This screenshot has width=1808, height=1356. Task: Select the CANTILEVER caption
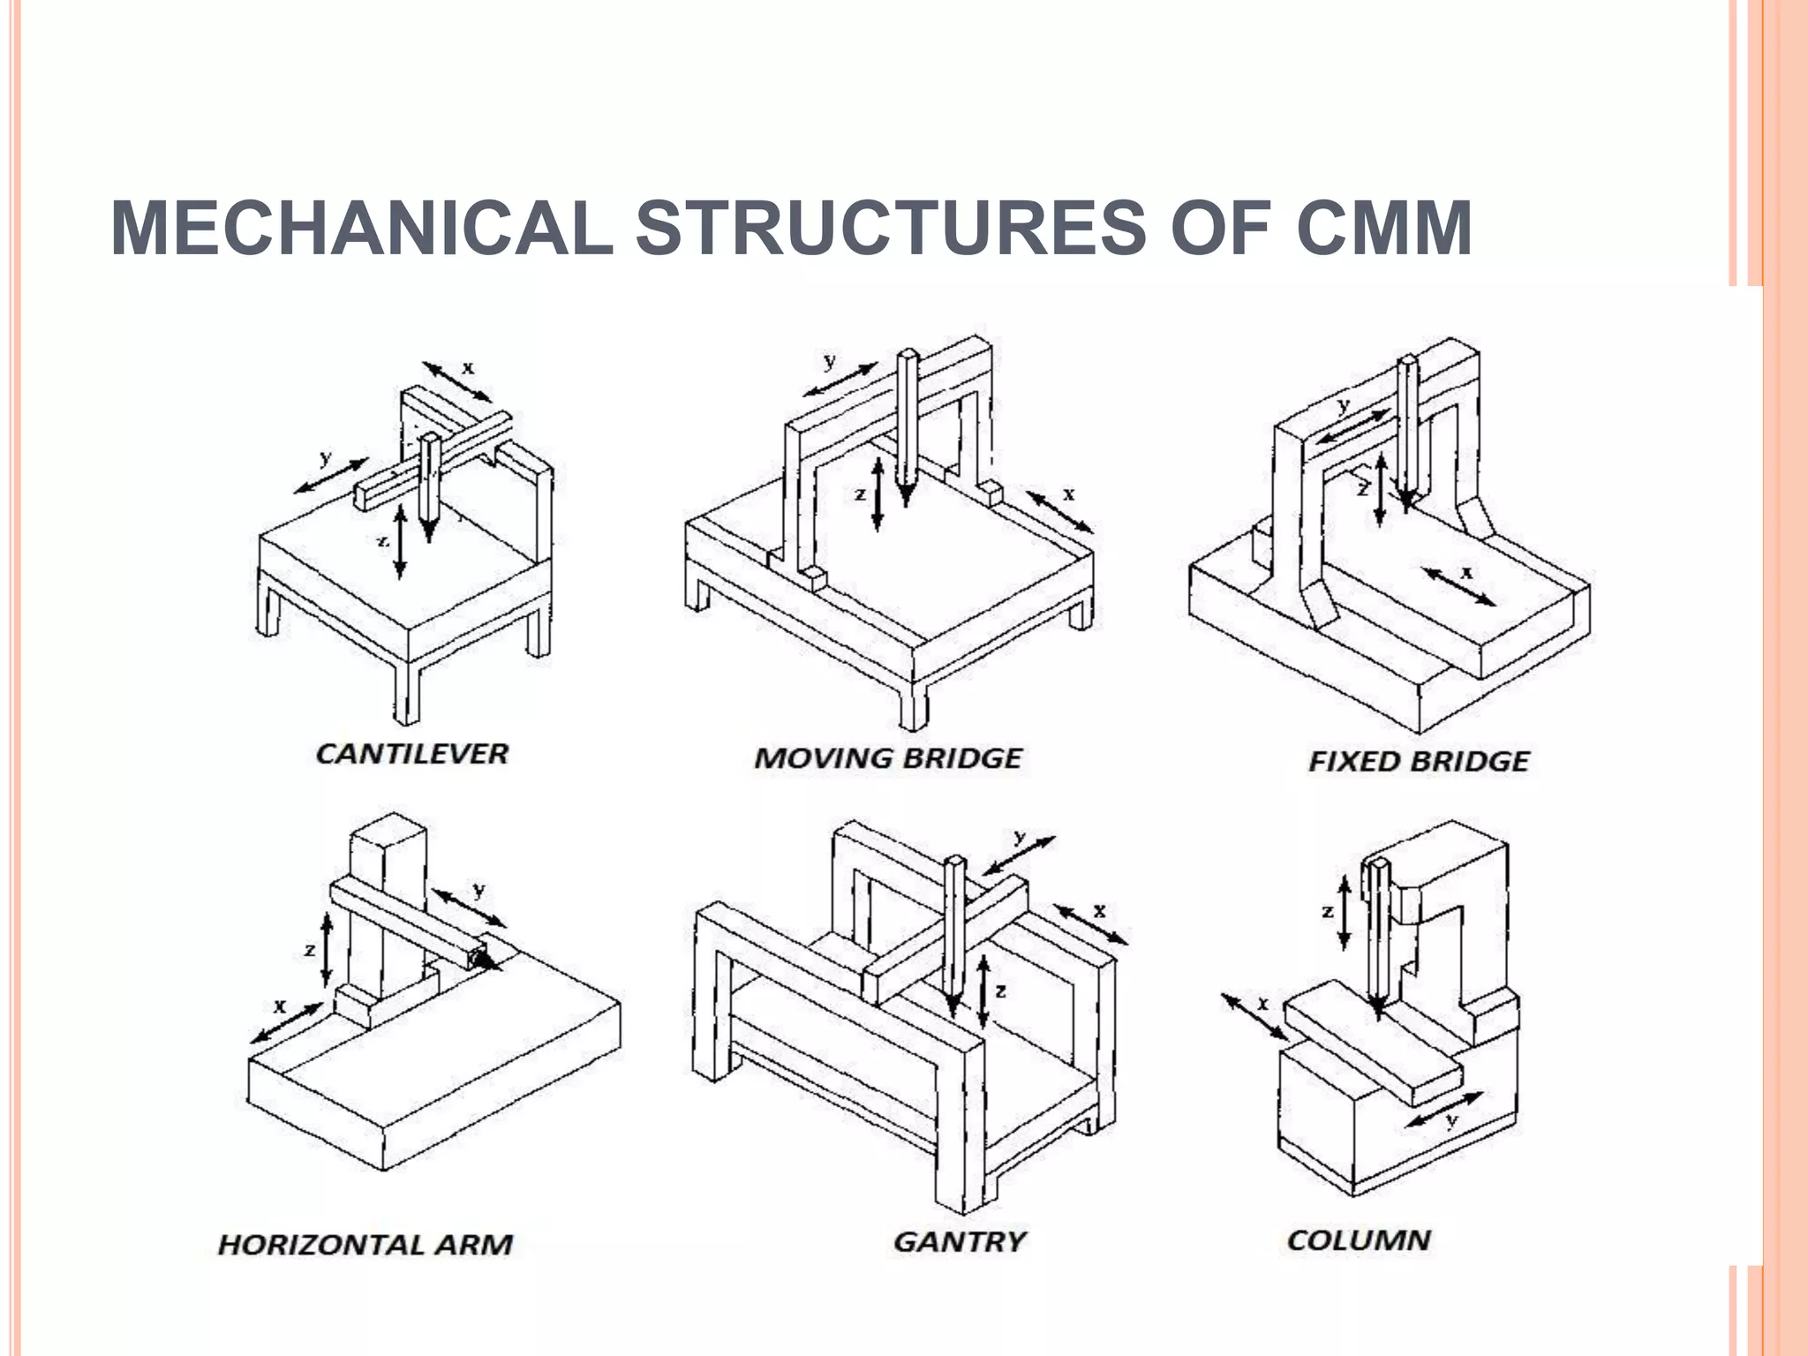point(412,754)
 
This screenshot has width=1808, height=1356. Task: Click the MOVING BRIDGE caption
point(887,758)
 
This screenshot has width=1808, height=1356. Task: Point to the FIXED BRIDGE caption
point(1418,761)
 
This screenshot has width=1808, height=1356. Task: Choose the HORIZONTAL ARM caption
point(365,1245)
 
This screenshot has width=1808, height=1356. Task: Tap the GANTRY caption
point(959,1242)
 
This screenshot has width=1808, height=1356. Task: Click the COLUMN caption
point(1358,1239)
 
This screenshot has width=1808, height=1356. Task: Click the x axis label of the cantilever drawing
point(468,367)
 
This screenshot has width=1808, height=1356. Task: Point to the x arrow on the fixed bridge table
point(1458,587)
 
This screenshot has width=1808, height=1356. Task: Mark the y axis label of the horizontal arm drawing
point(478,890)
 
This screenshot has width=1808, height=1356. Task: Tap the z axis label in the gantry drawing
point(1000,991)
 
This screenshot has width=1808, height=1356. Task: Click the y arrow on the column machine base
point(1443,1110)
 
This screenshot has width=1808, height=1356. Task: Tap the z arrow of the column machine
point(1345,912)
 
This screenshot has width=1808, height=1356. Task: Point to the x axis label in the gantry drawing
point(1099,910)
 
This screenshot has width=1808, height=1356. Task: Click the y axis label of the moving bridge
point(830,361)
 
